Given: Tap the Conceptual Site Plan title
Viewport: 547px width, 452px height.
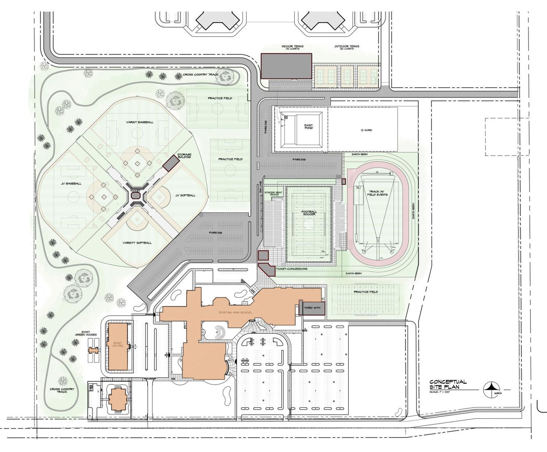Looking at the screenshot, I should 448,384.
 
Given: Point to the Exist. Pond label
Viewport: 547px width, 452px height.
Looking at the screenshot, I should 309,126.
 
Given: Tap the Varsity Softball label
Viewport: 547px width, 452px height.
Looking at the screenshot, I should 137,243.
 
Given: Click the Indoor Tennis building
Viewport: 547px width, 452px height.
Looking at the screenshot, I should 286,66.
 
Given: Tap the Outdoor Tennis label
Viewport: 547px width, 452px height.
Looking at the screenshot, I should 347,47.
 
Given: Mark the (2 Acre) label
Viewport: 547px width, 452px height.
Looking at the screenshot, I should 366,130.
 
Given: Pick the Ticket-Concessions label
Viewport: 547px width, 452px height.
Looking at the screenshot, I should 291,269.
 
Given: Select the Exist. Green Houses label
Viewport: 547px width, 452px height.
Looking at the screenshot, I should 89,333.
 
